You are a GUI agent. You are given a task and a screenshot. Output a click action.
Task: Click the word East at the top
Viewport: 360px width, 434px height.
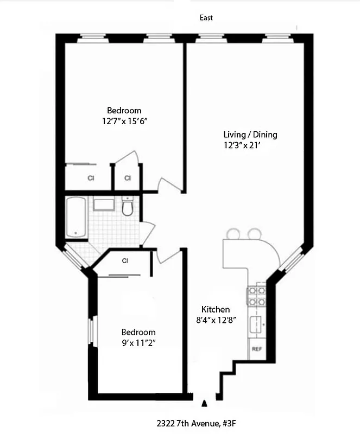click(x=206, y=18)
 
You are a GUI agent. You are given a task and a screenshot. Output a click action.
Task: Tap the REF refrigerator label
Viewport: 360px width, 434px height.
click(x=256, y=349)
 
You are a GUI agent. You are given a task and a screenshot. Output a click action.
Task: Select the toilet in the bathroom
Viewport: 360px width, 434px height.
click(x=128, y=207)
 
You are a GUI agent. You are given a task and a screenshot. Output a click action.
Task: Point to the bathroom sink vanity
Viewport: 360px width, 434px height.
click(x=103, y=205)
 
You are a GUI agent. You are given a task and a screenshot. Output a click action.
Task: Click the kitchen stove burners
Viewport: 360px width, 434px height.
click(x=256, y=297)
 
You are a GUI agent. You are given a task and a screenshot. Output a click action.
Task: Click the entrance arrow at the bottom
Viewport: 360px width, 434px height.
click(x=204, y=403)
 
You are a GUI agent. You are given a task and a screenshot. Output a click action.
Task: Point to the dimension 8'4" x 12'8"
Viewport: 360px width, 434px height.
click(x=216, y=320)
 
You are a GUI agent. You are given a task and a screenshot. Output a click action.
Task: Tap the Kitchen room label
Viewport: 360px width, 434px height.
click(x=216, y=309)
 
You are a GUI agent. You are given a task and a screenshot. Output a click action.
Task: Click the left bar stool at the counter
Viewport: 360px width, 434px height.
click(x=234, y=233)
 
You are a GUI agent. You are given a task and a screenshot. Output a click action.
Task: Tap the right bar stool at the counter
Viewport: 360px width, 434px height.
click(x=254, y=233)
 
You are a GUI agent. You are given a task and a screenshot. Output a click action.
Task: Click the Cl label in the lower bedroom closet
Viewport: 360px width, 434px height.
click(x=125, y=260)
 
